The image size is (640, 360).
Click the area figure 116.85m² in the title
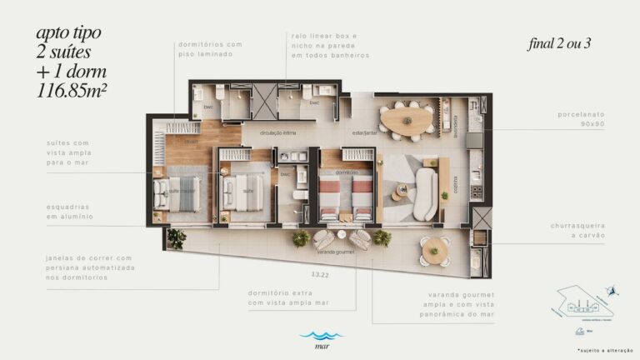[x=69, y=91]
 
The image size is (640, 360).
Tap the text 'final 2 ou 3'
[x=559, y=44]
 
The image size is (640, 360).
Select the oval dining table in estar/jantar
[x=407, y=118]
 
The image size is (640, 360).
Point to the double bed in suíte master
[x=185, y=194]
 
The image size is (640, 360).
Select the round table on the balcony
[x=434, y=248]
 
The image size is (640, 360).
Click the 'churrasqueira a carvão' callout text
[x=577, y=230]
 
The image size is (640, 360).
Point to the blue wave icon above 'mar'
[x=321, y=335]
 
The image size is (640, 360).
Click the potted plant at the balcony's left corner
[x=177, y=239]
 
